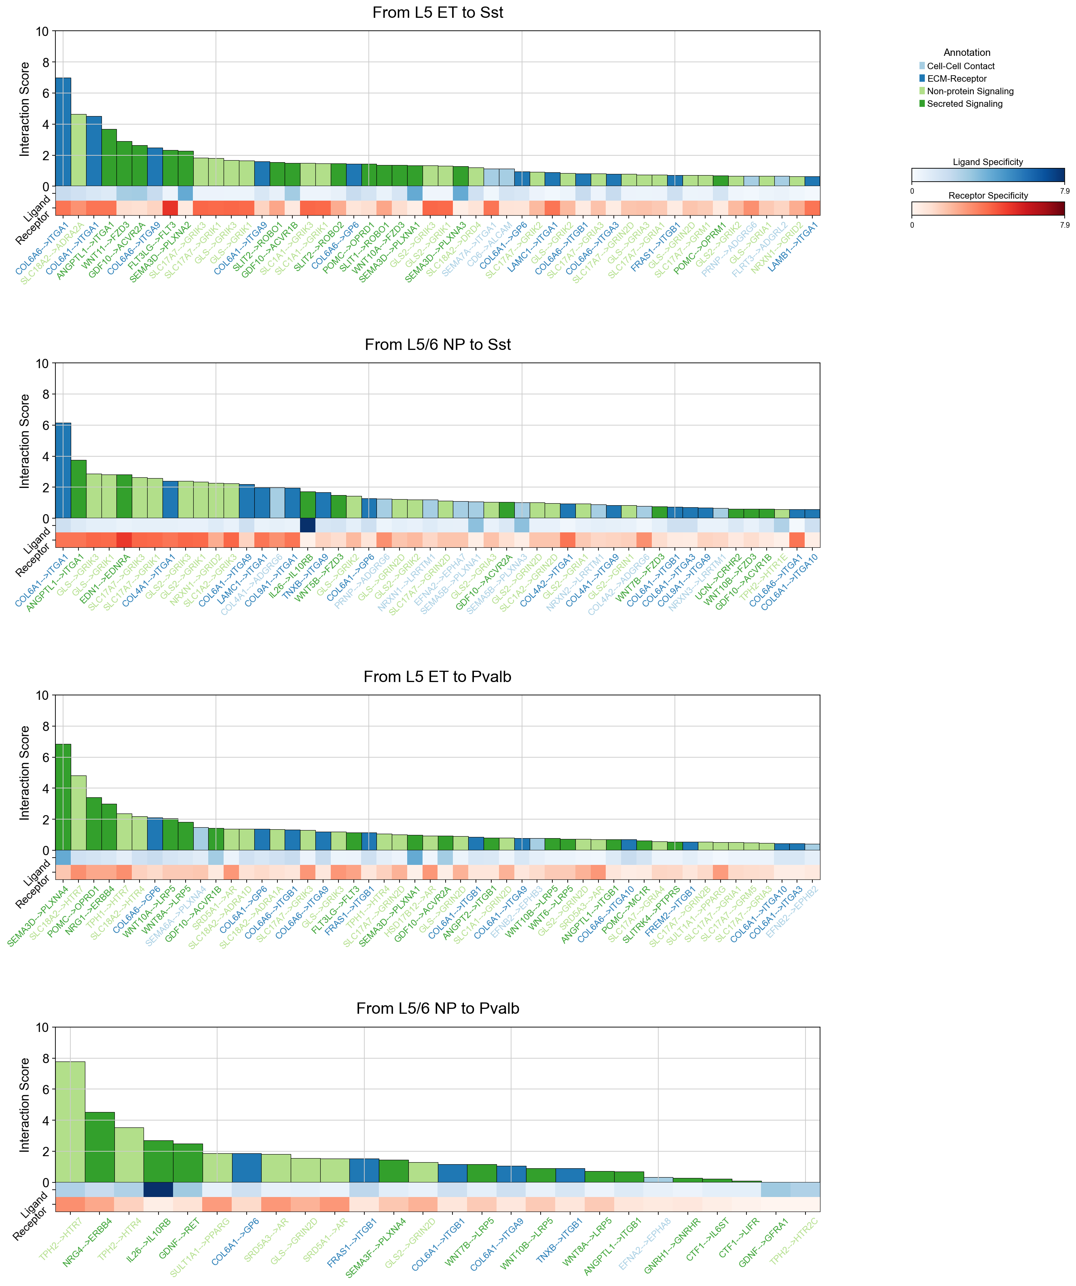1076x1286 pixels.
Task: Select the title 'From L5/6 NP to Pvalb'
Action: [x=437, y=1008]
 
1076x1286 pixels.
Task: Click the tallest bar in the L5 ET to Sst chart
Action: [x=63, y=131]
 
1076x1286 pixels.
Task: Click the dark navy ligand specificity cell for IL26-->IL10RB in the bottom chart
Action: [x=159, y=1189]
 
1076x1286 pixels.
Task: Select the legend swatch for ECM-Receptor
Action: [x=922, y=78]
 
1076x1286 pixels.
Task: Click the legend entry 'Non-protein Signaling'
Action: [x=970, y=91]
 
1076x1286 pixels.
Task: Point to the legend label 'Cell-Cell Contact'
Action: [x=960, y=66]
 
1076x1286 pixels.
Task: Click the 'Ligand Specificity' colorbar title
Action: [x=987, y=162]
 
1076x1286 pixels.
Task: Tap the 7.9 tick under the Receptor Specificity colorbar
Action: [x=1064, y=225]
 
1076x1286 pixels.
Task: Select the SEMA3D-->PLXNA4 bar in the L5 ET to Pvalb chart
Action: [x=63, y=797]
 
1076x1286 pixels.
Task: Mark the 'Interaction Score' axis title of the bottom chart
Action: [x=25, y=1105]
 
